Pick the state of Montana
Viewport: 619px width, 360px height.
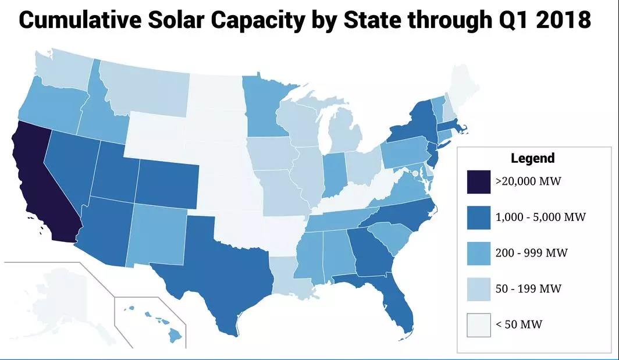tap(145, 87)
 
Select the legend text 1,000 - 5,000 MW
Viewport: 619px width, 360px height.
tap(540, 217)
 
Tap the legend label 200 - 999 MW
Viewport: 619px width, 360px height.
tap(531, 253)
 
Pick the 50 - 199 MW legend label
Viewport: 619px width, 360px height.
tap(528, 288)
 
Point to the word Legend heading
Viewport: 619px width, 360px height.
tap(532, 158)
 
